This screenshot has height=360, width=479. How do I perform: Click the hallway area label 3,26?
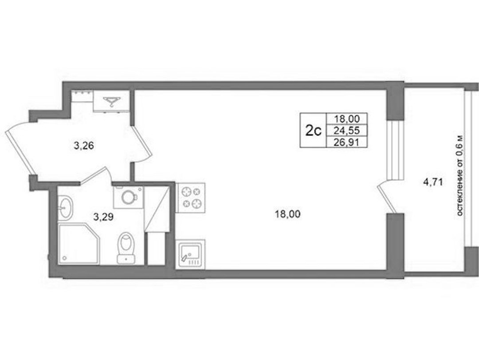pyautogui.click(x=83, y=146)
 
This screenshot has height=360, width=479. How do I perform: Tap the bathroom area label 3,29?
pyautogui.click(x=103, y=217)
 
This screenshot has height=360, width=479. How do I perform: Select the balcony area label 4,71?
pyautogui.click(x=433, y=182)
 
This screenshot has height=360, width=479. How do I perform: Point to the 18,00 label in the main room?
pyautogui.click(x=287, y=214)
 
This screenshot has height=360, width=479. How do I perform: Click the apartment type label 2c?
pyautogui.click(x=314, y=131)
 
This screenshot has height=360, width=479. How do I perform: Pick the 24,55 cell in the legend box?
pyautogui.click(x=347, y=131)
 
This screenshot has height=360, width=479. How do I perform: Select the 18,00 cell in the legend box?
pyautogui.click(x=347, y=119)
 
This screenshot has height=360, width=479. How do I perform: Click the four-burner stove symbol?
pyautogui.click(x=191, y=198)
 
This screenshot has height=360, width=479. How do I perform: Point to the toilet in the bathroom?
pyautogui.click(x=126, y=248)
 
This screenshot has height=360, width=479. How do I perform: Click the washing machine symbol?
pyautogui.click(x=128, y=197)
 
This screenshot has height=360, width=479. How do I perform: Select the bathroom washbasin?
pyautogui.click(x=65, y=208)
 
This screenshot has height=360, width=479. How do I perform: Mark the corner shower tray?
pyautogui.click(x=79, y=243)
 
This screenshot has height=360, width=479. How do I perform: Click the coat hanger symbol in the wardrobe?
pyautogui.click(x=112, y=101)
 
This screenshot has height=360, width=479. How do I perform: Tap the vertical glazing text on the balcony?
pyautogui.click(x=461, y=176)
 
